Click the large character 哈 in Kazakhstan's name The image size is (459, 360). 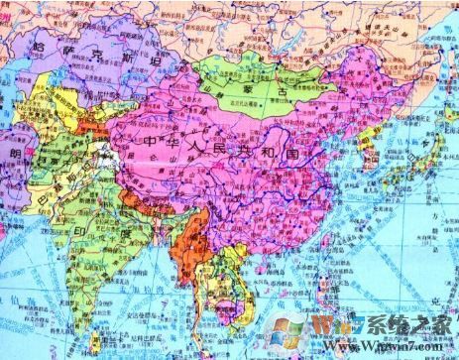[44, 47]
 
